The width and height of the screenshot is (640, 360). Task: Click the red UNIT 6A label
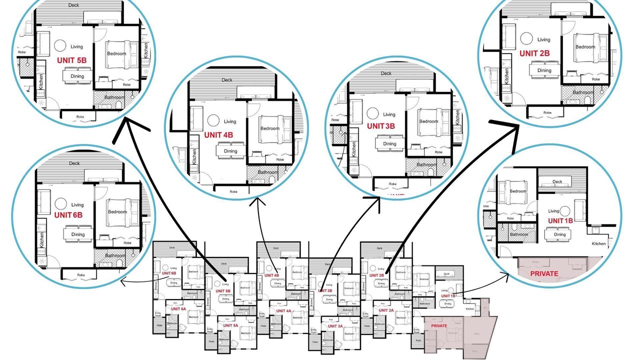click(x=178, y=309)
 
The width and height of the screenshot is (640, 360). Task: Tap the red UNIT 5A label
click(x=230, y=325)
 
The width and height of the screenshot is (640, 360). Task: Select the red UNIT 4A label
click(x=282, y=311)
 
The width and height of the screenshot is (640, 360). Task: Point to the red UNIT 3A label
click(x=334, y=326)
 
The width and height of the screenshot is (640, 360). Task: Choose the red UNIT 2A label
click(x=386, y=310)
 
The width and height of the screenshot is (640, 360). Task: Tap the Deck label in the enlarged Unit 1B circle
click(x=557, y=182)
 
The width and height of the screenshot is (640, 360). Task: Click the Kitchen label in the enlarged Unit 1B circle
click(x=598, y=244)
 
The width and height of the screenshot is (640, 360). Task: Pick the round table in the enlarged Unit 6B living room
click(x=61, y=203)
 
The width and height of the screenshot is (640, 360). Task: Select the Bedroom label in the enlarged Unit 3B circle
click(x=428, y=121)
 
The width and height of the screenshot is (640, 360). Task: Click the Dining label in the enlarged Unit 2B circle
click(x=544, y=70)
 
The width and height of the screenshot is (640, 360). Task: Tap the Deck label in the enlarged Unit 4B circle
click(x=227, y=80)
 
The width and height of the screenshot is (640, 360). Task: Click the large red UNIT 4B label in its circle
click(x=218, y=134)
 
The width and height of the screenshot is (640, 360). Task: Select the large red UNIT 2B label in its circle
click(x=534, y=53)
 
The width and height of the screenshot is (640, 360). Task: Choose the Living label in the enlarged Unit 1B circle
click(x=553, y=211)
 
